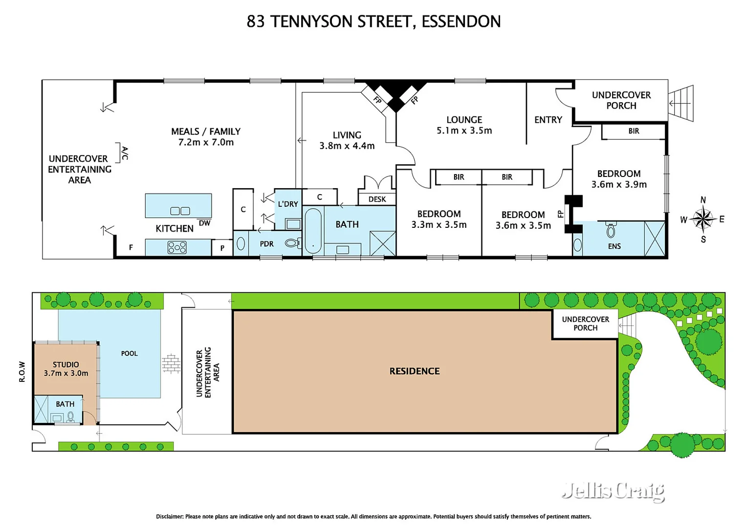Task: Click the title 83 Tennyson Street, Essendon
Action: pyautogui.click(x=373, y=22)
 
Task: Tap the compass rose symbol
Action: pyautogui.click(x=703, y=220)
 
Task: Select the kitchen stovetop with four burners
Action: pyautogui.click(x=176, y=247)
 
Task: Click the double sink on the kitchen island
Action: pyautogui.click(x=180, y=211)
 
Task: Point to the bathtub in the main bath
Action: pyautogui.click(x=313, y=231)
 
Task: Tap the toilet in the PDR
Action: pyautogui.click(x=293, y=243)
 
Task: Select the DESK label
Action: pyautogui.click(x=377, y=199)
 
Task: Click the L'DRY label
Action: pyautogui.click(x=288, y=204)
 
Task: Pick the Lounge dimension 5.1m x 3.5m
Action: pyautogui.click(x=464, y=131)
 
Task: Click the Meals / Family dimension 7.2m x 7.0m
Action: pyautogui.click(x=206, y=142)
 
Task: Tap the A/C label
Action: pyautogui.click(x=125, y=153)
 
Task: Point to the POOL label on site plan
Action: pyautogui.click(x=129, y=353)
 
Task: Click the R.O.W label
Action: pyautogui.click(x=22, y=372)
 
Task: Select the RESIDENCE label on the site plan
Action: pyautogui.click(x=414, y=371)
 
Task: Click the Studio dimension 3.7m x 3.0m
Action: pyautogui.click(x=66, y=373)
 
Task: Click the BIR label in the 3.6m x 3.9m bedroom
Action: pyautogui.click(x=634, y=131)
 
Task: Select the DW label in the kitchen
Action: pyautogui.click(x=204, y=223)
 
